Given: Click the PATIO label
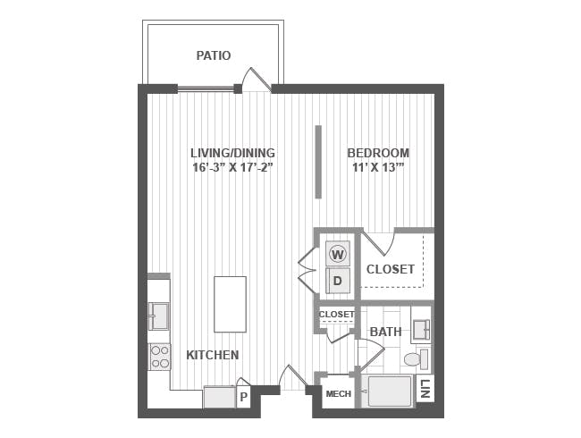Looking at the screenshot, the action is [x=214, y=55].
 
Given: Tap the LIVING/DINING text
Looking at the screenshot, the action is [x=232, y=153].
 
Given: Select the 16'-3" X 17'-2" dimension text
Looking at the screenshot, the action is [x=232, y=167].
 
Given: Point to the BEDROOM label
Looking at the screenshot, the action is [x=378, y=153].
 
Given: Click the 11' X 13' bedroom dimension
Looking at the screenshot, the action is [x=378, y=167].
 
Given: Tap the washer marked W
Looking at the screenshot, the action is [x=338, y=254].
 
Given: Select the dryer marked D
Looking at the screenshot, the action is [x=338, y=281].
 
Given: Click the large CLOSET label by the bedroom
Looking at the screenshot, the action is [x=391, y=269].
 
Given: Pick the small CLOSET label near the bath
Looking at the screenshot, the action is [x=336, y=315].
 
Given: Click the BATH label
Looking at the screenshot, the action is [x=386, y=332].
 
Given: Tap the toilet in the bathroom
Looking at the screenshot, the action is [x=416, y=359].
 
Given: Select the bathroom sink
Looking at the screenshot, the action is [x=421, y=329].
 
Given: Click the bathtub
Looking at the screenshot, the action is [x=389, y=392].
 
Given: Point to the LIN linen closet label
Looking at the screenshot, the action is [x=425, y=389].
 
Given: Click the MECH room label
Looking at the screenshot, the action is [x=338, y=393].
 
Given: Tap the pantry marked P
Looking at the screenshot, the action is [x=243, y=397].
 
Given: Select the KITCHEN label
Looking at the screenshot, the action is [x=213, y=355].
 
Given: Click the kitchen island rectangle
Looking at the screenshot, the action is [x=230, y=304].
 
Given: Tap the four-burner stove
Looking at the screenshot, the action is [x=160, y=357].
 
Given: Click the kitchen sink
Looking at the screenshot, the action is [x=159, y=316].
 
